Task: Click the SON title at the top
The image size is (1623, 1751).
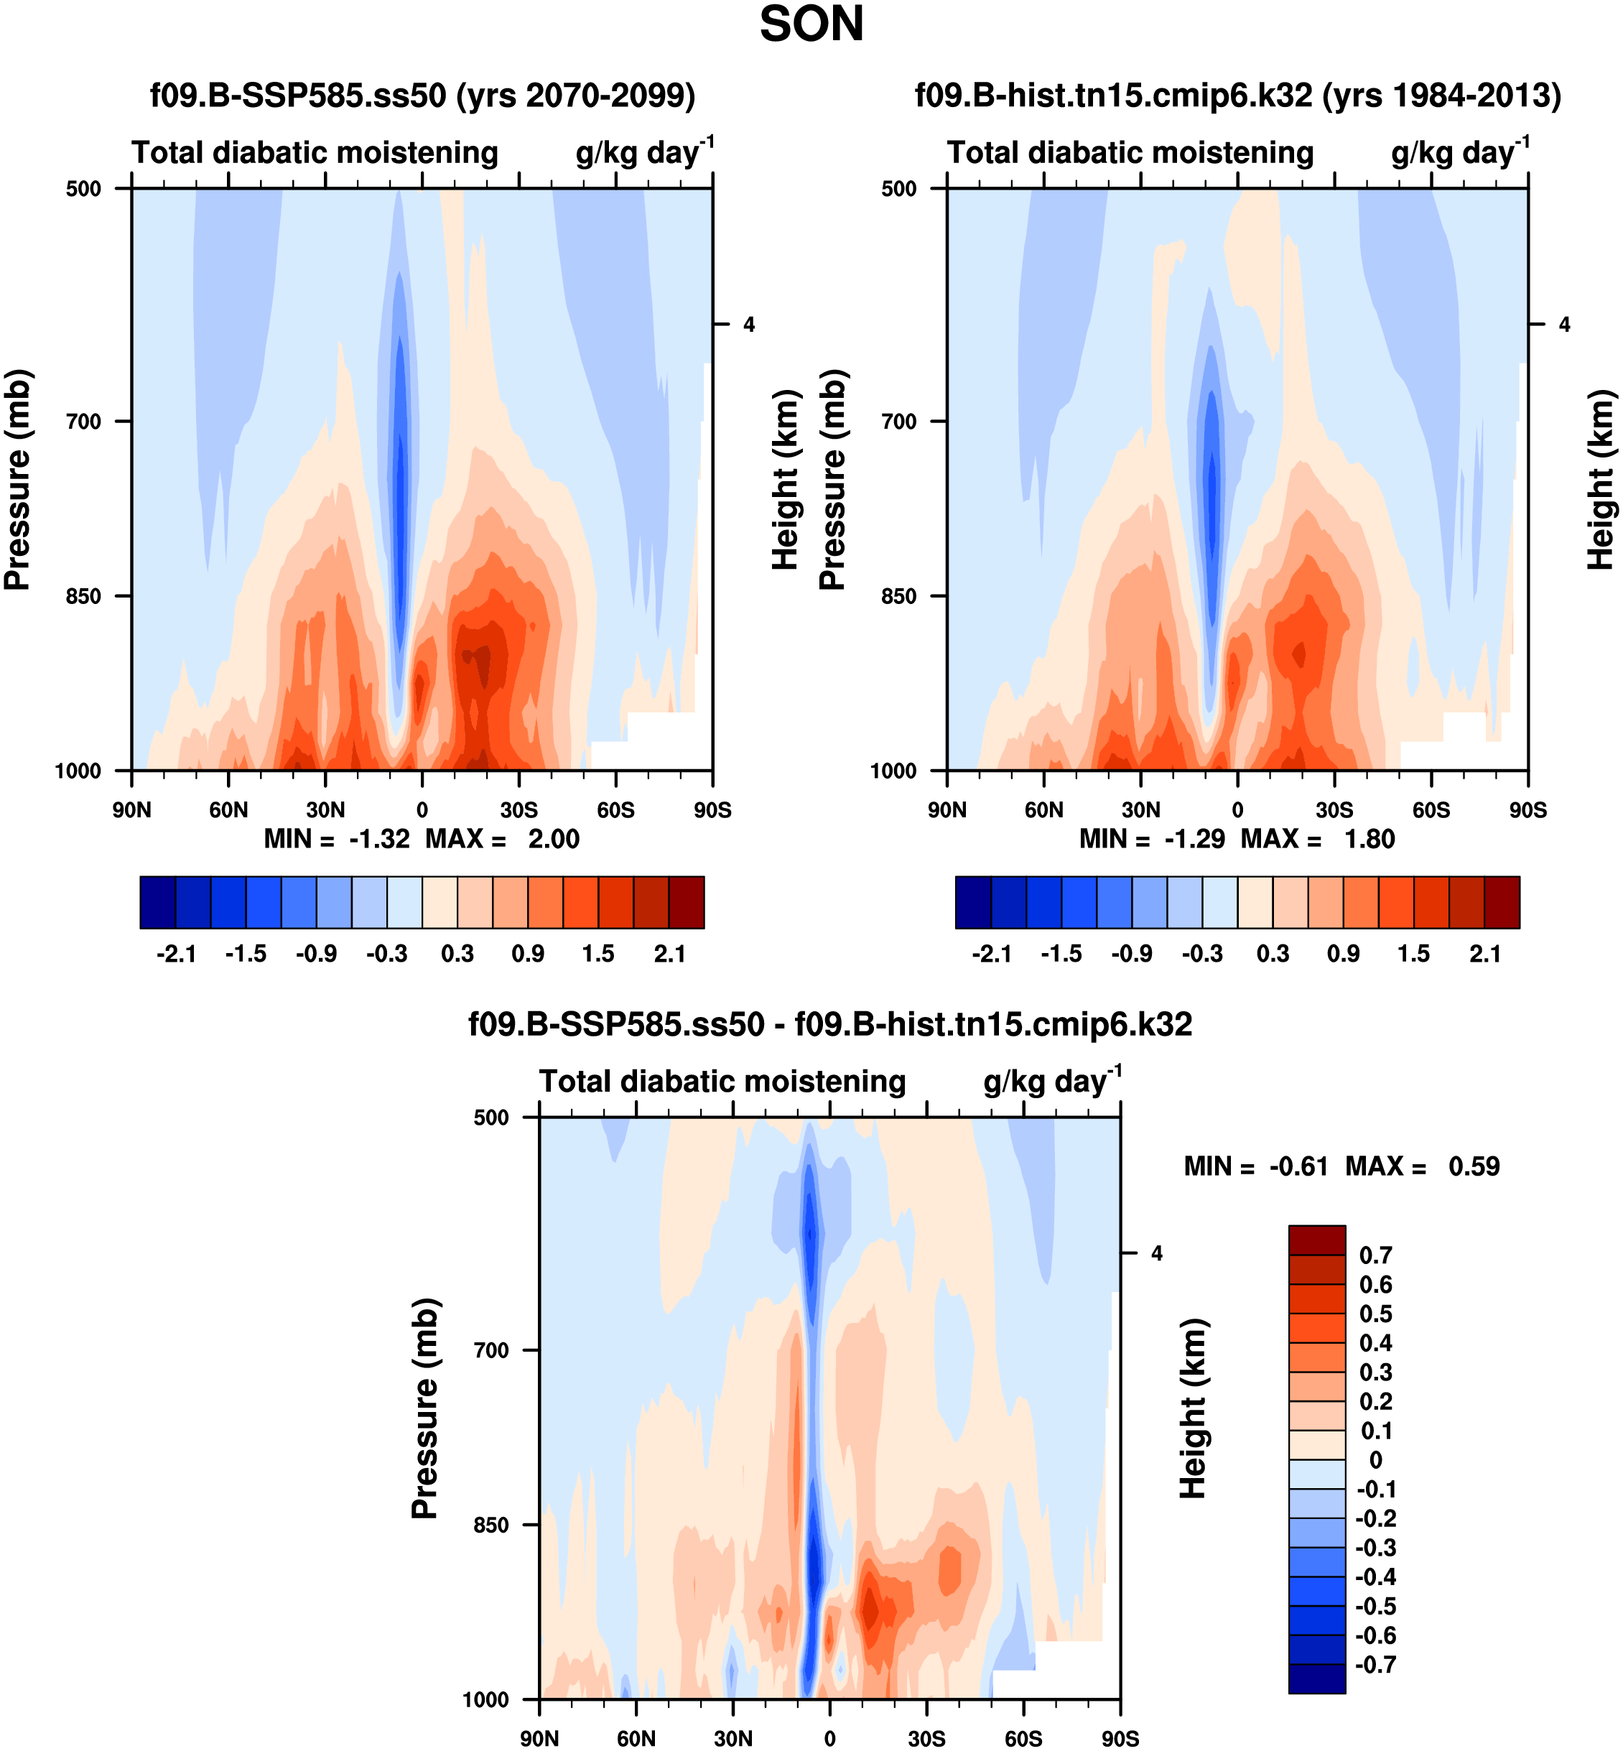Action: click(x=811, y=24)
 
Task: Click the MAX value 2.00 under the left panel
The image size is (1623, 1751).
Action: click(x=553, y=840)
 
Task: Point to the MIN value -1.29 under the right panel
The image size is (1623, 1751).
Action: click(x=1194, y=840)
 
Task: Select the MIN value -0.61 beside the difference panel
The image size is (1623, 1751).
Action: click(x=1298, y=1167)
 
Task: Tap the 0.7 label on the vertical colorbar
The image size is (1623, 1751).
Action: click(x=1375, y=1255)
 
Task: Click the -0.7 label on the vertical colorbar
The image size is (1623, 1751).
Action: click(x=1375, y=1665)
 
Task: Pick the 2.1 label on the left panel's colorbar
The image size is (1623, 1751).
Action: click(x=669, y=955)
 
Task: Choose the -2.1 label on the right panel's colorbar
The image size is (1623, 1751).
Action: click(x=992, y=955)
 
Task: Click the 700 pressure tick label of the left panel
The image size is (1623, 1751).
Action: click(x=83, y=422)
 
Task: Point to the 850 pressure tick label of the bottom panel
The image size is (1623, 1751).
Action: click(x=491, y=1525)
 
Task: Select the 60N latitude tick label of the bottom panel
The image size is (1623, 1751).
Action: click(x=636, y=1739)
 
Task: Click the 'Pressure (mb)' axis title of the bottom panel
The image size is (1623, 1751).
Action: click(x=425, y=1408)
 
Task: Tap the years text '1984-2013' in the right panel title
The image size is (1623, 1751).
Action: click(x=1469, y=95)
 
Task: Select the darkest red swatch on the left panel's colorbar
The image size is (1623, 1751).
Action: click(x=686, y=902)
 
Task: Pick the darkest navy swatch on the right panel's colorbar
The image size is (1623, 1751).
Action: click(x=973, y=902)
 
